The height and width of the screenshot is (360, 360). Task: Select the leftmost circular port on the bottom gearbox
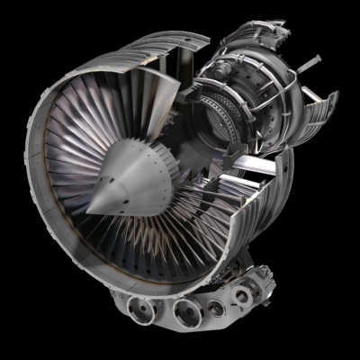144,310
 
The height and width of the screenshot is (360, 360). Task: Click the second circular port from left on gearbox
185,312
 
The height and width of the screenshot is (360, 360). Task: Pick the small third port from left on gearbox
215,309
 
